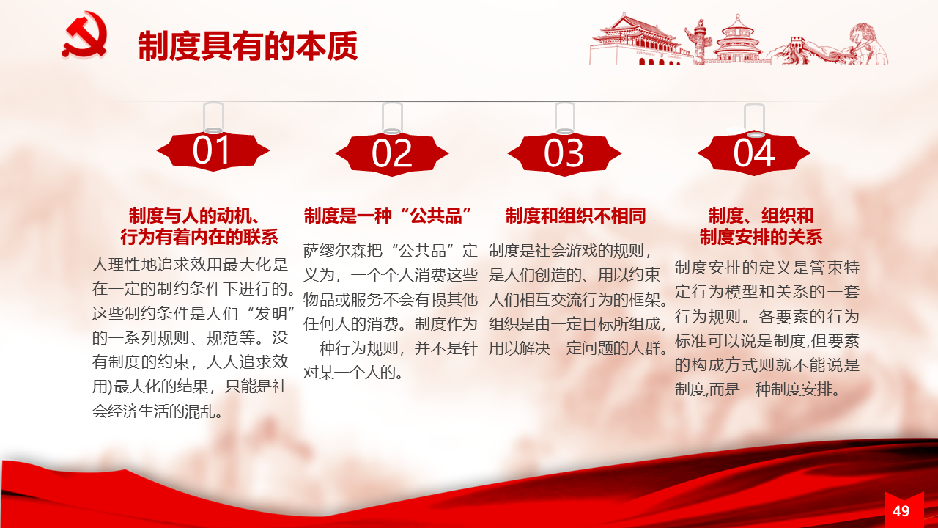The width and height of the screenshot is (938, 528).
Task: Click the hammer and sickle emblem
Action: (x=85, y=34)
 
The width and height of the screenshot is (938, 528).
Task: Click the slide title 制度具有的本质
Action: (x=248, y=45)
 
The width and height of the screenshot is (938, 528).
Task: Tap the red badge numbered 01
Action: (x=213, y=151)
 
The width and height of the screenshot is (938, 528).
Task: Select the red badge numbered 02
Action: (x=392, y=154)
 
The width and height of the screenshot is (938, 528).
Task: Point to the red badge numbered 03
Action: (x=564, y=154)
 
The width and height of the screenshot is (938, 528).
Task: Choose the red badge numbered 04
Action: (x=754, y=153)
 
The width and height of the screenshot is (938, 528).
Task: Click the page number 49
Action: (x=901, y=511)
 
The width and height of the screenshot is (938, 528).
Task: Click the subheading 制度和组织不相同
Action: (x=576, y=216)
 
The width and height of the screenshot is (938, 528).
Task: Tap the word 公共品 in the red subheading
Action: (x=436, y=216)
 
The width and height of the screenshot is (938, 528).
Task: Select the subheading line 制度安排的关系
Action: (x=761, y=237)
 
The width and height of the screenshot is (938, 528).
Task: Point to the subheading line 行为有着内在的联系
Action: (x=199, y=237)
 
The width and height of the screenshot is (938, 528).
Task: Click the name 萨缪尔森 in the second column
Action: (x=342, y=251)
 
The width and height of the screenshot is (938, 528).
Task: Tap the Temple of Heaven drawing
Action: (x=738, y=40)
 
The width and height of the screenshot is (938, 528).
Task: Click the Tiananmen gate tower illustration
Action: (x=638, y=39)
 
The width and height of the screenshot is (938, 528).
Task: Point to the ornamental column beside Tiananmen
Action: (x=698, y=41)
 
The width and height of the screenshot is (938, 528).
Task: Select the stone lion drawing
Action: (x=867, y=43)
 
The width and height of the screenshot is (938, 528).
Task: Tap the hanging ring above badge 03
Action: (x=564, y=119)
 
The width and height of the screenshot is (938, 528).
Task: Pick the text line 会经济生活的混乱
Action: (x=157, y=411)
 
